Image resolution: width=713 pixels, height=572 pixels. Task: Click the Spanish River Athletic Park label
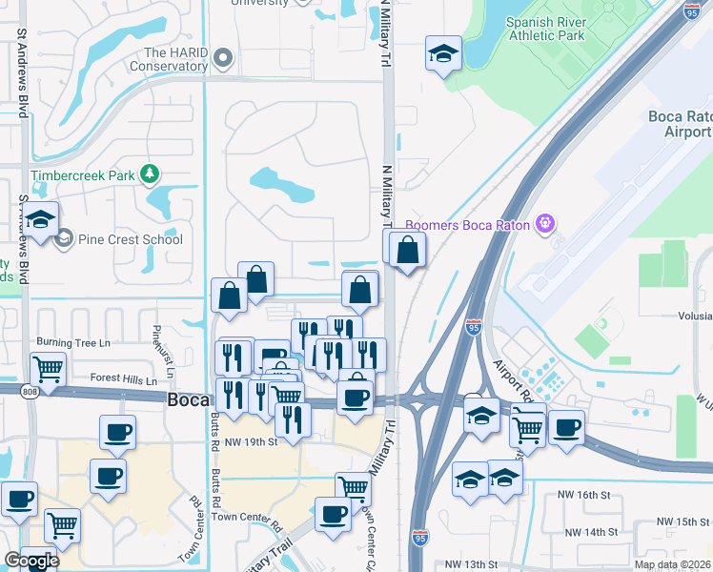545,30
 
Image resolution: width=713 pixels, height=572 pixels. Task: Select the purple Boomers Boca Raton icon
544,224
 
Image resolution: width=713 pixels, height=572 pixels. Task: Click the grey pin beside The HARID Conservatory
223,59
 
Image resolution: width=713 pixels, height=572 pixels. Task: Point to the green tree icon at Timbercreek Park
149,174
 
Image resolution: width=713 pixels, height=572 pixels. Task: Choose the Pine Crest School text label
131,239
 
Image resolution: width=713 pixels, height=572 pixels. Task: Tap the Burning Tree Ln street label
73,342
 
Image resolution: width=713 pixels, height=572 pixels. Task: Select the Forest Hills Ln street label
124,378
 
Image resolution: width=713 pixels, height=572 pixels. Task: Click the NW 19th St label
244,441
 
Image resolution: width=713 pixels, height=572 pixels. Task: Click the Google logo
31,561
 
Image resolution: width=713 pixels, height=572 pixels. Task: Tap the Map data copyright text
671,564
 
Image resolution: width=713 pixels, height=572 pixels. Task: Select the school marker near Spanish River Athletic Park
443,53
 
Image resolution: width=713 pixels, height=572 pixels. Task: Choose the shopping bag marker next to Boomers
408,251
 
